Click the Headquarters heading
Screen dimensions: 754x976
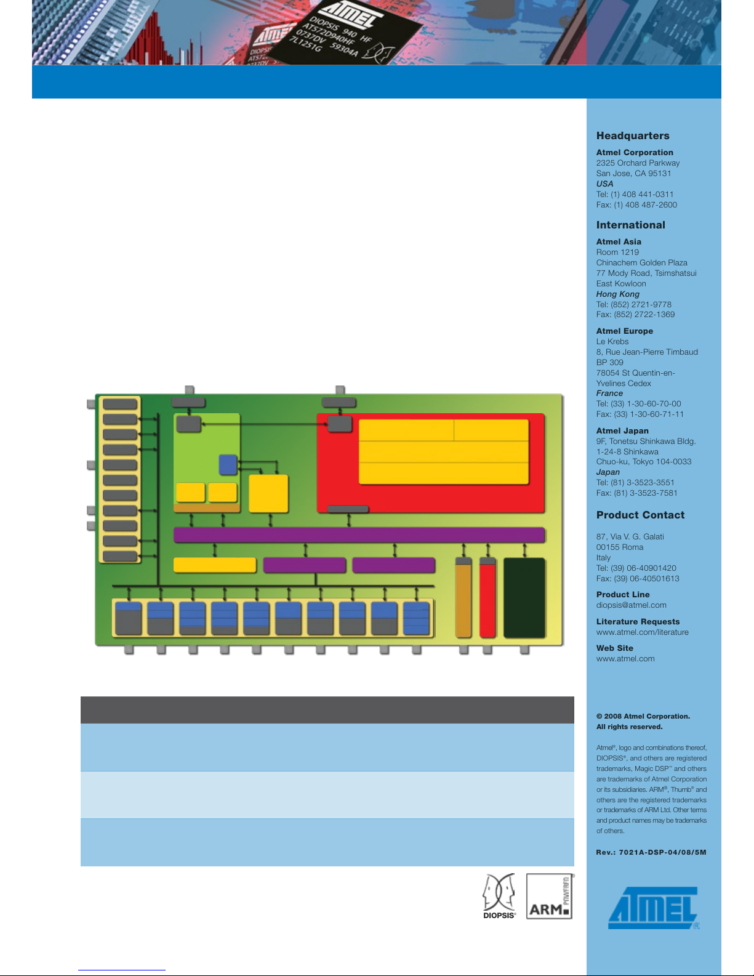(632, 135)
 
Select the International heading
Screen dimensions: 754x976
(630, 225)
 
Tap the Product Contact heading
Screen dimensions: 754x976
(641, 515)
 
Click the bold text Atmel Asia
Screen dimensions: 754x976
(619, 241)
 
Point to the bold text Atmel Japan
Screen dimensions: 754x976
(622, 431)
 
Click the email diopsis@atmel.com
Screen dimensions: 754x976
(631, 605)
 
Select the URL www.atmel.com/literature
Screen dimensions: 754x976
(642, 632)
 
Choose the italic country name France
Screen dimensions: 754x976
(609, 393)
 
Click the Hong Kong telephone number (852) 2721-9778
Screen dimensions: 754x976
(641, 305)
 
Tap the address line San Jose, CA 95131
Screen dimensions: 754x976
(633, 174)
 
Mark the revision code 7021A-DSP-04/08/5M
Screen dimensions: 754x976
(662, 852)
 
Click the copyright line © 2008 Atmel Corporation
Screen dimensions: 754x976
(643, 716)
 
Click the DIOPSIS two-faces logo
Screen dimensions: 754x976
(499, 895)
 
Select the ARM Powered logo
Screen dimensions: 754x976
(550, 896)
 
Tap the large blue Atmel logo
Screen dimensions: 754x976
(654, 907)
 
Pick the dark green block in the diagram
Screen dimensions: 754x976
(524, 597)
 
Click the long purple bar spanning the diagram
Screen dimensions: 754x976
(359, 535)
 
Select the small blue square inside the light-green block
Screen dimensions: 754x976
(228, 465)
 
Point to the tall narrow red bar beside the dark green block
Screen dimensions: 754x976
(487, 597)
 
